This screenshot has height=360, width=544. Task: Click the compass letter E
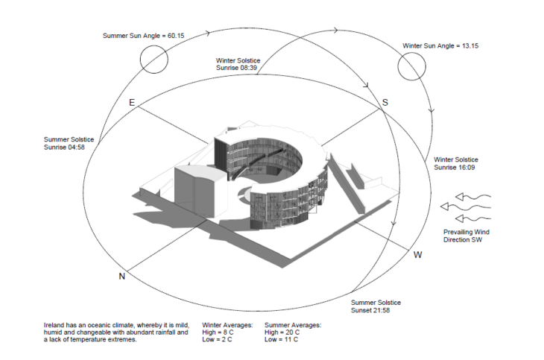click(132, 102)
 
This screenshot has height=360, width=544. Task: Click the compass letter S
click(385, 102)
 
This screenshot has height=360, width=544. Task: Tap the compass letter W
click(418, 255)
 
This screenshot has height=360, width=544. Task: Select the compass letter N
click(121, 276)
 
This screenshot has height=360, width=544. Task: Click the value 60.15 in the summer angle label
click(176, 36)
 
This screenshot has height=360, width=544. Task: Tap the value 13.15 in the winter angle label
click(470, 45)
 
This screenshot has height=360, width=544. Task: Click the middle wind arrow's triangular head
click(444, 206)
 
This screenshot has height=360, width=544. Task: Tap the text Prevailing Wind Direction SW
click(466, 236)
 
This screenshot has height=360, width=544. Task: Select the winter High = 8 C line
click(218, 332)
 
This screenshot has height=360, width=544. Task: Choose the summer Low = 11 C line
click(282, 340)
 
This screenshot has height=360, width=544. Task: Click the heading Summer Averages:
click(293, 325)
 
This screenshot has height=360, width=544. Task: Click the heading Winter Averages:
click(227, 325)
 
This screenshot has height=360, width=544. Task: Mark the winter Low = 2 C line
click(217, 340)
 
